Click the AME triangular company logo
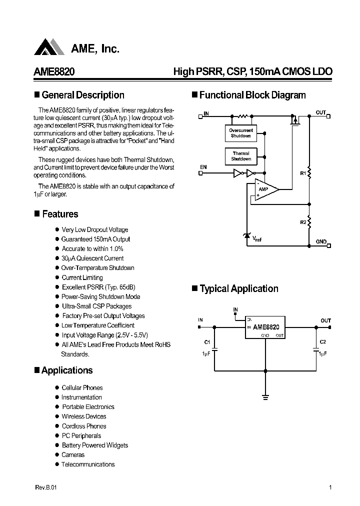point(49,47)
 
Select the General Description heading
point(83,95)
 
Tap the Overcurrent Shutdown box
point(241,133)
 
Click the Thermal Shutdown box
point(241,156)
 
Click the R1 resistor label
point(302,173)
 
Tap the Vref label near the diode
point(256,239)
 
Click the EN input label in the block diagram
point(203,167)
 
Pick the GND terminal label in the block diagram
point(321,242)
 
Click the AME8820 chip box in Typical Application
point(265,327)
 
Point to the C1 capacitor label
point(206,342)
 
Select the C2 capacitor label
point(322,342)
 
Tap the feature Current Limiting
point(82,277)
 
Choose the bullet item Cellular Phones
point(82,387)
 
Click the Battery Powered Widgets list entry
point(94,445)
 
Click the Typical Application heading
point(238,288)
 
